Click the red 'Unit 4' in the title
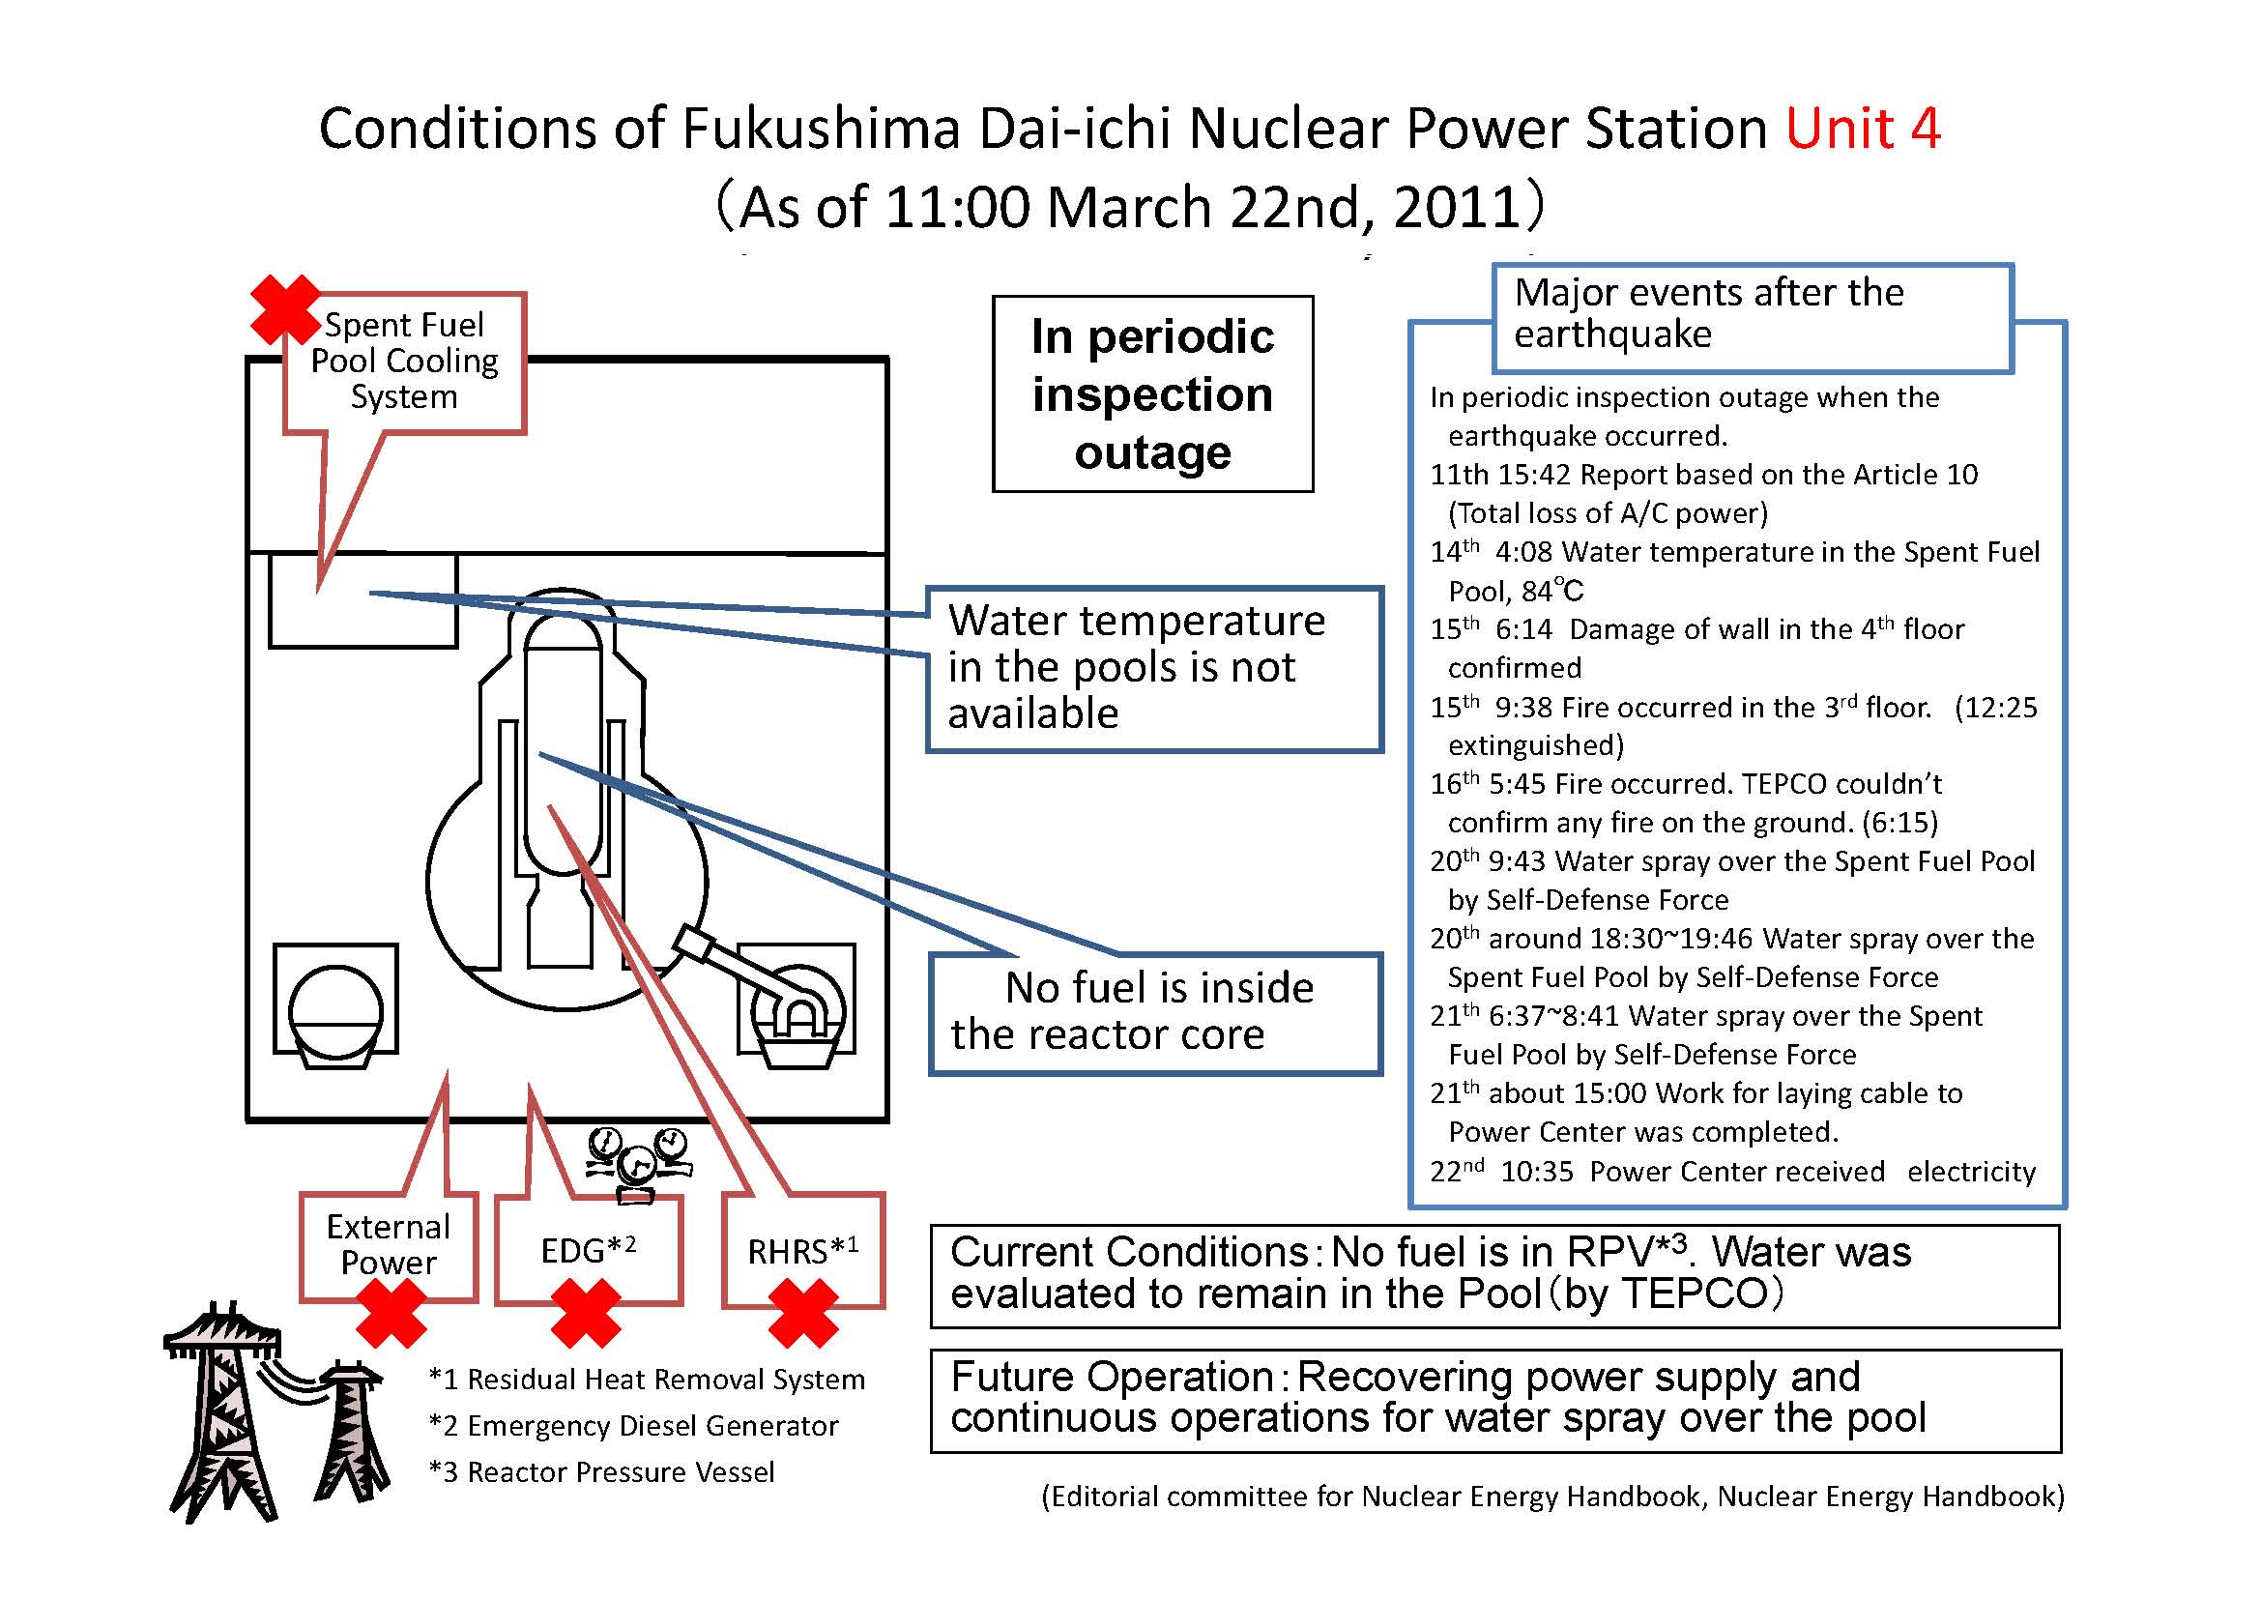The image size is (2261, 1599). [x=1863, y=129]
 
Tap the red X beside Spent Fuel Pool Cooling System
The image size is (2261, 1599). [x=285, y=309]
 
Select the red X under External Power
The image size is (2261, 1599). [x=391, y=1314]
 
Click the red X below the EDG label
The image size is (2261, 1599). [x=586, y=1314]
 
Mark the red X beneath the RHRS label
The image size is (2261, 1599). [x=802, y=1314]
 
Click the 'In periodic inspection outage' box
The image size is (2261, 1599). [x=1152, y=393]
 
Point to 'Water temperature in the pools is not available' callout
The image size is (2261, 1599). [x=1155, y=670]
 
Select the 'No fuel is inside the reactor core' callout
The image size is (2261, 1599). [x=1156, y=1013]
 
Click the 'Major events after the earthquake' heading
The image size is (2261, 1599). [x=1753, y=317]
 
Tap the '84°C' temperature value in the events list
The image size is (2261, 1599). [x=1553, y=591]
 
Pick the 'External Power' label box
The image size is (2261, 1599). [x=389, y=1246]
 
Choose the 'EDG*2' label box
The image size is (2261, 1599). [x=589, y=1250]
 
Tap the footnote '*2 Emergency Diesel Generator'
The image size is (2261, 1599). [x=633, y=1426]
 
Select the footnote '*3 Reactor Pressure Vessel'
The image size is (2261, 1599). [x=601, y=1472]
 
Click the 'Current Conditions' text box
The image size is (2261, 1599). [x=1494, y=1276]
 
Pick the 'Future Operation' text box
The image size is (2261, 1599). [x=1494, y=1401]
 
